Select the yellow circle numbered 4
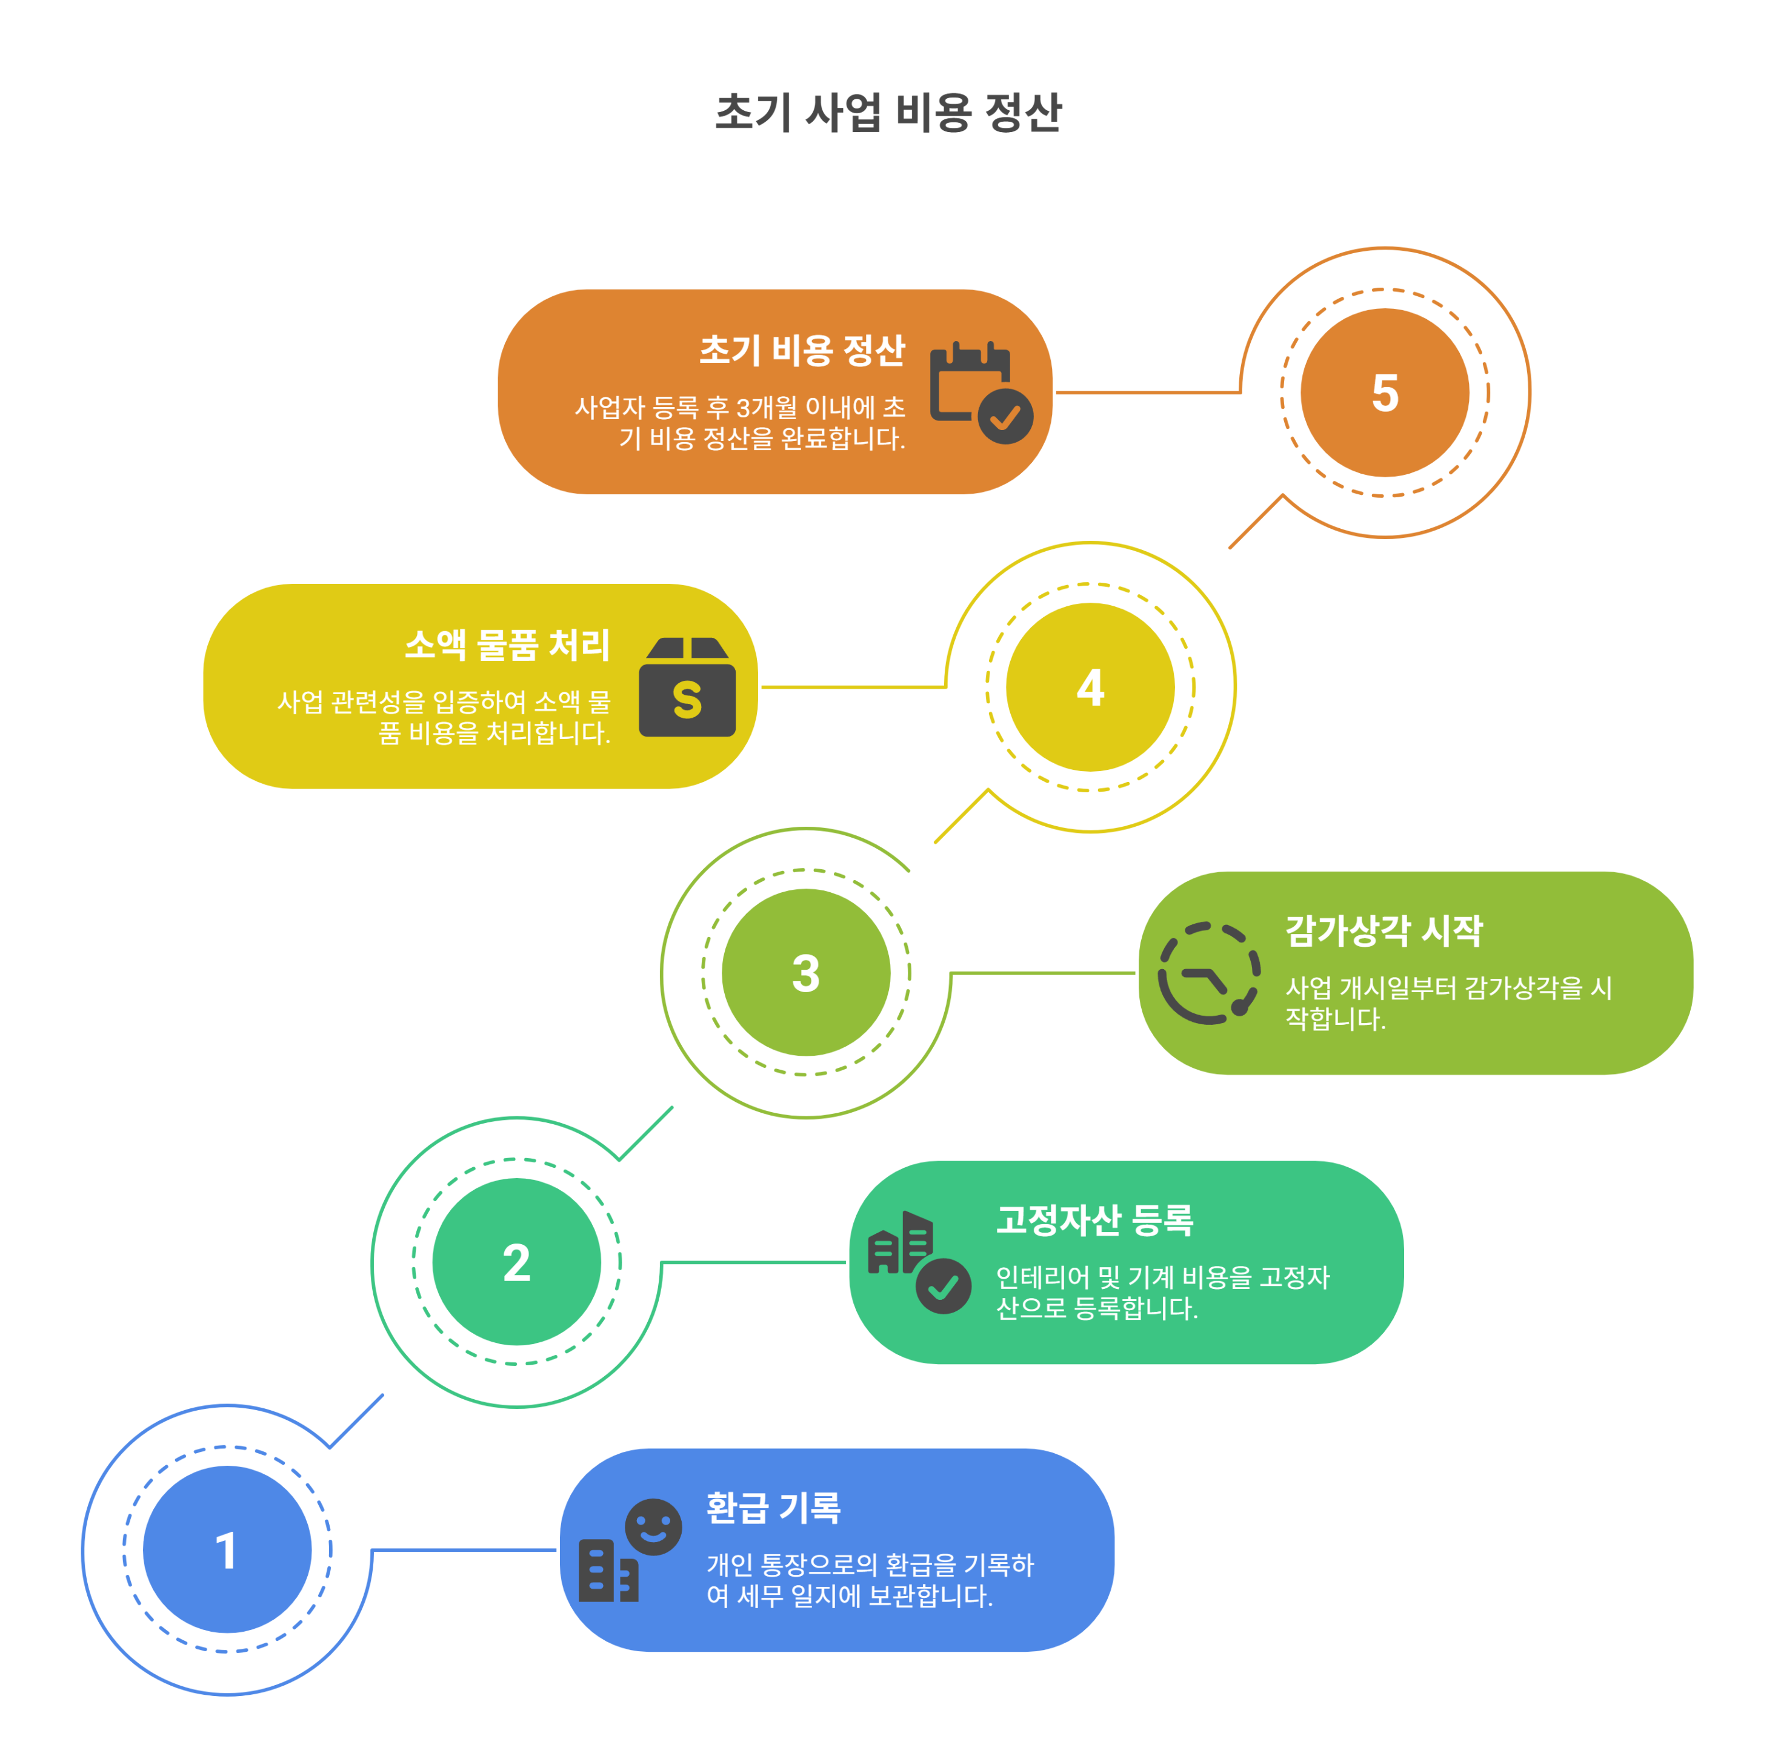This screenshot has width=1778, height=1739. point(1090,687)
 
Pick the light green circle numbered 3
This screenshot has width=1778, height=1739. point(806,973)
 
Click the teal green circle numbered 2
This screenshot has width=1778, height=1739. point(516,1262)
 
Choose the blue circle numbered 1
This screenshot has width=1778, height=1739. point(227,1550)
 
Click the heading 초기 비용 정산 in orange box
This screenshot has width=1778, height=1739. point(802,351)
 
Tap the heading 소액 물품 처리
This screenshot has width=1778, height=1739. point(507,645)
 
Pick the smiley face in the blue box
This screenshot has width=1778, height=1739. point(653,1526)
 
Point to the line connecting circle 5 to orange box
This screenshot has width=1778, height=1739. point(1147,393)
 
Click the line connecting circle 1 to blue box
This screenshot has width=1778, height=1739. point(464,1550)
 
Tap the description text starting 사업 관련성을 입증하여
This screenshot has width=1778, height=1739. point(444,718)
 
